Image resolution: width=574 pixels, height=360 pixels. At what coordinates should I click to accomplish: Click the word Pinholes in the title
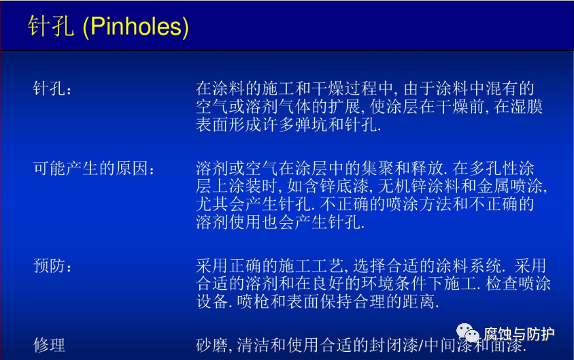coord(135,27)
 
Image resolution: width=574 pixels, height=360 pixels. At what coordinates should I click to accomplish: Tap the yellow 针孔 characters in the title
coord(50,26)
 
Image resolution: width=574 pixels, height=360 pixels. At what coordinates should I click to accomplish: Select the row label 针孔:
coord(52,88)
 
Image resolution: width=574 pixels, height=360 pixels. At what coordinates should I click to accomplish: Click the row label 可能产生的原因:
coord(94,169)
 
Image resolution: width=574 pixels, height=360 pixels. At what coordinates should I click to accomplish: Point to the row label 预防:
coord(52,265)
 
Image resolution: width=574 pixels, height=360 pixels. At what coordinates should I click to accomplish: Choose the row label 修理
coord(49,345)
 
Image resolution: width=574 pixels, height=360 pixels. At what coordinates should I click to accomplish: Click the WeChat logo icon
coord(467,333)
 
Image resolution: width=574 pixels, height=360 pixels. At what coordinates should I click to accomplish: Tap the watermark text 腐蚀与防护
coord(518,334)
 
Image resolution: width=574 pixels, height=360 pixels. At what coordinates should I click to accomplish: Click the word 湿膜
coord(526,107)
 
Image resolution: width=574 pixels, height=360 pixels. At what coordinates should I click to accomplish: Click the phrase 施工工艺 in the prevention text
coord(311,265)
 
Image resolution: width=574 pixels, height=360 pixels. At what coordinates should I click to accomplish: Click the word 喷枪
coord(253,301)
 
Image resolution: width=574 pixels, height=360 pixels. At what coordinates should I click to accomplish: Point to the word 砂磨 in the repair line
coord(212,345)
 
